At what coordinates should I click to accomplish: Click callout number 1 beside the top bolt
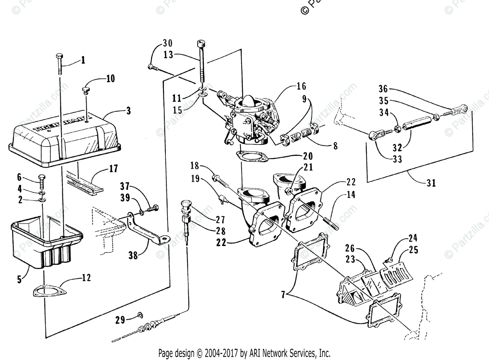(83, 60)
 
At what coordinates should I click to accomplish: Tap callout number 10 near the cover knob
(110, 78)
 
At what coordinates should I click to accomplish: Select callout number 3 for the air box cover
(128, 111)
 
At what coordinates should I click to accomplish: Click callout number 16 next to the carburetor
(301, 86)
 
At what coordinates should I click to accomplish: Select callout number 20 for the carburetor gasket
(308, 156)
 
